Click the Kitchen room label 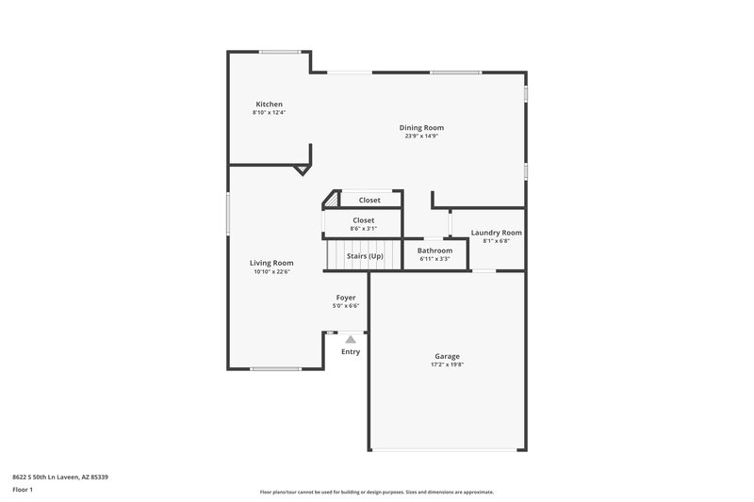click(x=269, y=104)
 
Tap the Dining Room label click(x=421, y=127)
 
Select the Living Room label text click(x=271, y=263)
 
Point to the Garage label click(x=447, y=356)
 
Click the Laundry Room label click(x=496, y=233)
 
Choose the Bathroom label click(x=434, y=251)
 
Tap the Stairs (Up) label click(x=365, y=255)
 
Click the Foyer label click(x=346, y=298)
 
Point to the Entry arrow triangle click(x=351, y=338)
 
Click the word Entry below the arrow click(x=351, y=352)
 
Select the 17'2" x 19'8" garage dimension click(x=447, y=364)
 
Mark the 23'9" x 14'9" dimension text click(x=421, y=136)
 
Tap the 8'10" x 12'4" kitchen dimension click(x=269, y=112)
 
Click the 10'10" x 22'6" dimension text click(x=271, y=272)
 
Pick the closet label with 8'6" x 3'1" click(x=363, y=220)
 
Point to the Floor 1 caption click(x=24, y=491)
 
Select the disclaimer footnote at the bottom click(x=376, y=492)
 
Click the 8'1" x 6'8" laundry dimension click(x=496, y=241)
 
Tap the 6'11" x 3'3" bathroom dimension click(x=434, y=259)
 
